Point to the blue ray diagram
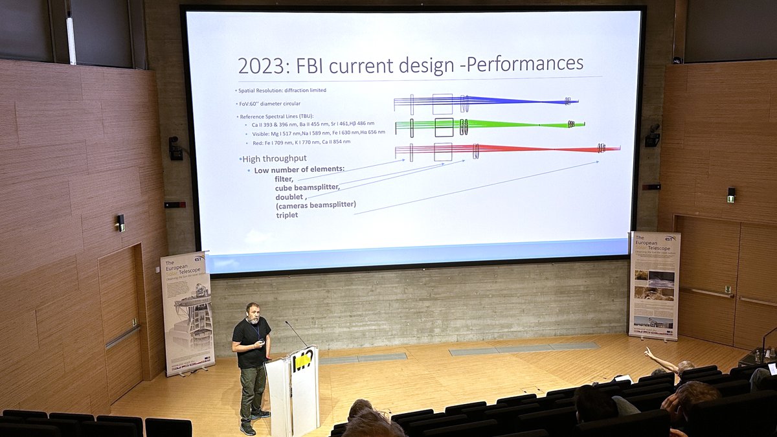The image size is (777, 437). [x=486, y=101]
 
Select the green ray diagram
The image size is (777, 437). [x=490, y=124]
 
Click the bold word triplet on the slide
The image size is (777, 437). [x=286, y=214]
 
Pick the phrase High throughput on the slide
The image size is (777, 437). [x=274, y=159]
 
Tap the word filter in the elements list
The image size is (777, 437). [x=284, y=179]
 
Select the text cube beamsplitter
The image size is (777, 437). [x=307, y=187]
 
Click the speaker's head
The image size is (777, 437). [x=253, y=312]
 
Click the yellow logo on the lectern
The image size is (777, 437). [x=302, y=361]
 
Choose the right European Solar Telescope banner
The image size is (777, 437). [x=654, y=285]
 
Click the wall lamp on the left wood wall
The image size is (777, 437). [x=120, y=222]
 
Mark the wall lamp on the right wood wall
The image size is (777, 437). [x=731, y=194]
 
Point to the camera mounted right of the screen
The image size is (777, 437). [x=653, y=136]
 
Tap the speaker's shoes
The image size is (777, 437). [x=253, y=422]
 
